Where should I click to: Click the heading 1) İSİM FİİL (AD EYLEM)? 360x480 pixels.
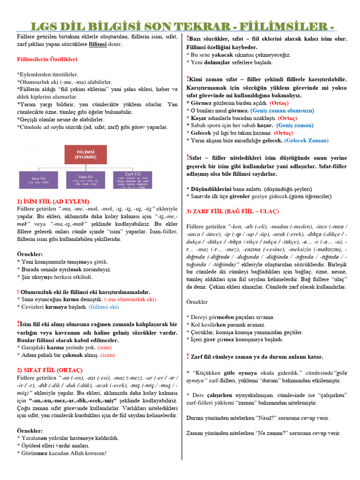pos(49,201)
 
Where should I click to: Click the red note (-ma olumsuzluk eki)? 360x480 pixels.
pos(130,299)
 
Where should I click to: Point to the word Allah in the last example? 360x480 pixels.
pos(75,453)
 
